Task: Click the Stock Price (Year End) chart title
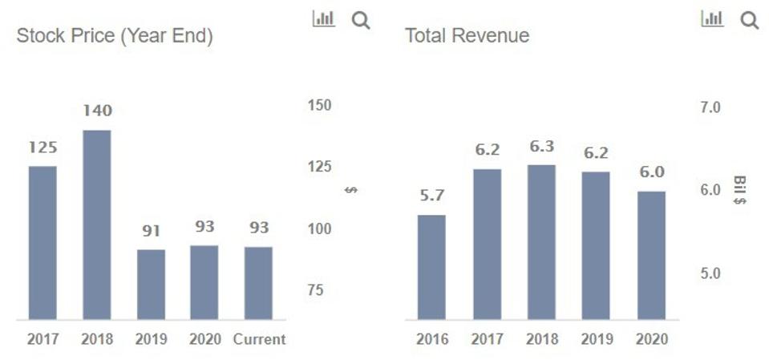click(x=114, y=37)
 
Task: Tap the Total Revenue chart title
click(x=467, y=36)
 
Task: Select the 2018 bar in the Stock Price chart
click(x=97, y=224)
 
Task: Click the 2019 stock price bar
click(x=151, y=284)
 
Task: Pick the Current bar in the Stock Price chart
click(x=258, y=282)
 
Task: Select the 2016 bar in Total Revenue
click(x=431, y=267)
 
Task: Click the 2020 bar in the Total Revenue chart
click(x=651, y=255)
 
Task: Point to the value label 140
click(x=97, y=111)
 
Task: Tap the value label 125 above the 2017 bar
click(x=42, y=148)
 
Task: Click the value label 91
click(x=151, y=231)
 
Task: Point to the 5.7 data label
click(x=431, y=196)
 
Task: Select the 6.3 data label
click(x=541, y=147)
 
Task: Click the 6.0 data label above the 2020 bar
click(x=651, y=172)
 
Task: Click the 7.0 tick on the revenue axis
click(x=709, y=107)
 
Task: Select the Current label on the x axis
click(x=259, y=339)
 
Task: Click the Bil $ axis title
click(x=739, y=191)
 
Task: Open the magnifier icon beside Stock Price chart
click(x=361, y=21)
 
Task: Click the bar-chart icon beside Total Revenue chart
click(x=712, y=19)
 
